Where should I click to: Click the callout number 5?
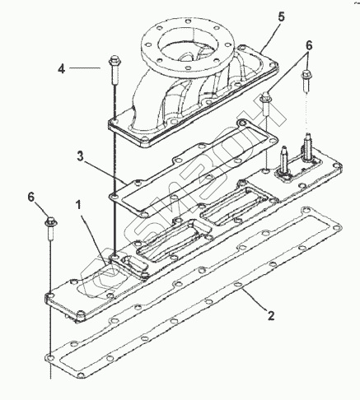(282, 16)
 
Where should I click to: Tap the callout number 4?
(62, 68)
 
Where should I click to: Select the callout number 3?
(80, 156)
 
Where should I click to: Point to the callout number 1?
(78, 205)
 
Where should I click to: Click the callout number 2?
(271, 316)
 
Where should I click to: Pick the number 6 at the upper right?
(309, 45)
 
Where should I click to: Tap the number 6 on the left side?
(31, 197)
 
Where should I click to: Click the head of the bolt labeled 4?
(114, 61)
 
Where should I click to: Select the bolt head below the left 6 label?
(51, 221)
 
